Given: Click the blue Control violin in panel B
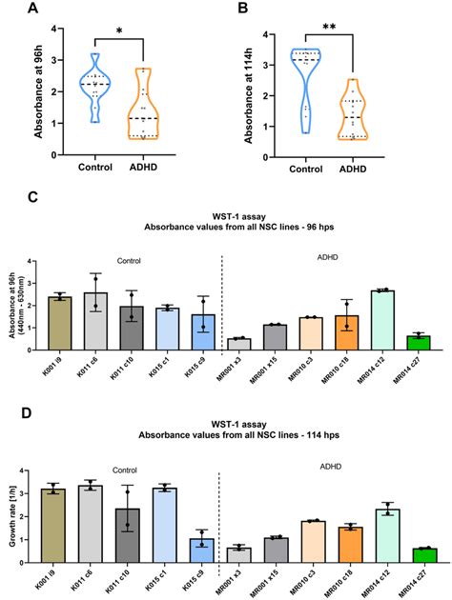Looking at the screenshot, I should coord(304,81).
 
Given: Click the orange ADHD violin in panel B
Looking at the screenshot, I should coord(356,110).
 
